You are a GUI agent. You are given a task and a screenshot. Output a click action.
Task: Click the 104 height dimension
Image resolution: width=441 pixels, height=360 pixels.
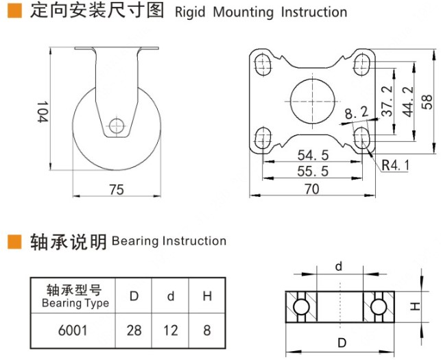[43, 111]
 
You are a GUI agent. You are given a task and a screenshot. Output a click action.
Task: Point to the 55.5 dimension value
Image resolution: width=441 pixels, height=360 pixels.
[311, 171]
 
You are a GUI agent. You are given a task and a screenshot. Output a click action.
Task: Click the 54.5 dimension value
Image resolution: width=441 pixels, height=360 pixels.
[311, 155]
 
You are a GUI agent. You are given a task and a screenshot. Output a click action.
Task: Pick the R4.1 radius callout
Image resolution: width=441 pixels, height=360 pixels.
[396, 165]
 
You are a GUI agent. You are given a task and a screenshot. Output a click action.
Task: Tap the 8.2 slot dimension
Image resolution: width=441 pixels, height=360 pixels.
[356, 112]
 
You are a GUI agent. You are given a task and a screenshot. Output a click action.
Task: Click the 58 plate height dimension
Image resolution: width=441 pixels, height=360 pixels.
[427, 101]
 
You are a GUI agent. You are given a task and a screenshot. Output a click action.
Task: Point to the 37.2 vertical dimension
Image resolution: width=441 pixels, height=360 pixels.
[387, 101]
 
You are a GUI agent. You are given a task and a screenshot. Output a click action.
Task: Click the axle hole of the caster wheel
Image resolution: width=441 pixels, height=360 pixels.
[116, 126]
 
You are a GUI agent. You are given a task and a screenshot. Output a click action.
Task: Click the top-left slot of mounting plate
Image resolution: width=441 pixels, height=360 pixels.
[262, 65]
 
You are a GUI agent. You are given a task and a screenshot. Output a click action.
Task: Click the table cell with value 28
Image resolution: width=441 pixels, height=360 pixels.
[134, 331]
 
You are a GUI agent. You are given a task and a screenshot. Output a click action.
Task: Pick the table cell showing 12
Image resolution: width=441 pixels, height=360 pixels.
[171, 331]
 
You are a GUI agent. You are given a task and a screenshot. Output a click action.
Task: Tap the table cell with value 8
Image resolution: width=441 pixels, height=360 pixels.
[206, 331]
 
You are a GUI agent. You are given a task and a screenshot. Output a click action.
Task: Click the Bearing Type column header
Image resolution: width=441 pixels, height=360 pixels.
[75, 296]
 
